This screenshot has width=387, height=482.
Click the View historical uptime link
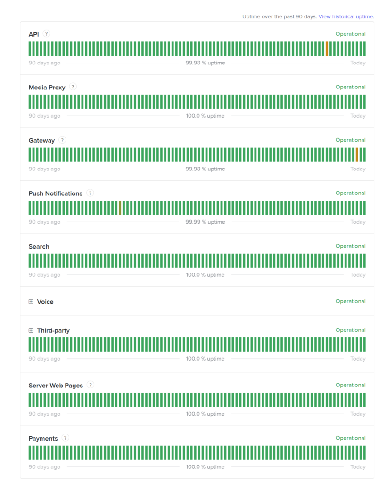pyautogui.click(x=346, y=16)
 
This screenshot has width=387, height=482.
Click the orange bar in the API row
pyautogui.click(x=327, y=48)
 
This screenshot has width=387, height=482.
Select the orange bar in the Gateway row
pyautogui.click(x=357, y=154)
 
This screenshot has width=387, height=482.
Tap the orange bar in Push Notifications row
pyautogui.click(x=120, y=208)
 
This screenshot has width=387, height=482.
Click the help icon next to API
pyautogui.click(x=46, y=34)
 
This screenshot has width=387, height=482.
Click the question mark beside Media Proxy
pyautogui.click(x=73, y=87)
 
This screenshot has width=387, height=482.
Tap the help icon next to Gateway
pyautogui.click(x=62, y=140)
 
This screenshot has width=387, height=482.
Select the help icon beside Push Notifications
pyautogui.click(x=90, y=193)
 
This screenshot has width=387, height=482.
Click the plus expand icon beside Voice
pyautogui.click(x=31, y=302)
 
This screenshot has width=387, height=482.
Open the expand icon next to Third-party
pyautogui.click(x=31, y=330)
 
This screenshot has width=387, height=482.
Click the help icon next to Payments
pyautogui.click(x=66, y=438)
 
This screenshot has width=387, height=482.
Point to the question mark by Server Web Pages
pyautogui.click(x=91, y=385)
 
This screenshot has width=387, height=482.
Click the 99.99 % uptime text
pyautogui.click(x=205, y=222)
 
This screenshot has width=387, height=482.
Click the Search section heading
pyautogui.click(x=39, y=247)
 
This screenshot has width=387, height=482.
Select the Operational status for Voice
pyautogui.click(x=350, y=301)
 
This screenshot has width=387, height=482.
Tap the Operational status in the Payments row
pyautogui.click(x=350, y=438)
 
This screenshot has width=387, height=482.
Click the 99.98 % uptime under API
pyautogui.click(x=205, y=63)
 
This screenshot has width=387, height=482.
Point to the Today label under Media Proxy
pyautogui.click(x=358, y=116)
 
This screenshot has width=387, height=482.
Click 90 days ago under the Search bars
pyautogui.click(x=44, y=275)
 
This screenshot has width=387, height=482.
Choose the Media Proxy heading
pyautogui.click(x=47, y=88)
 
